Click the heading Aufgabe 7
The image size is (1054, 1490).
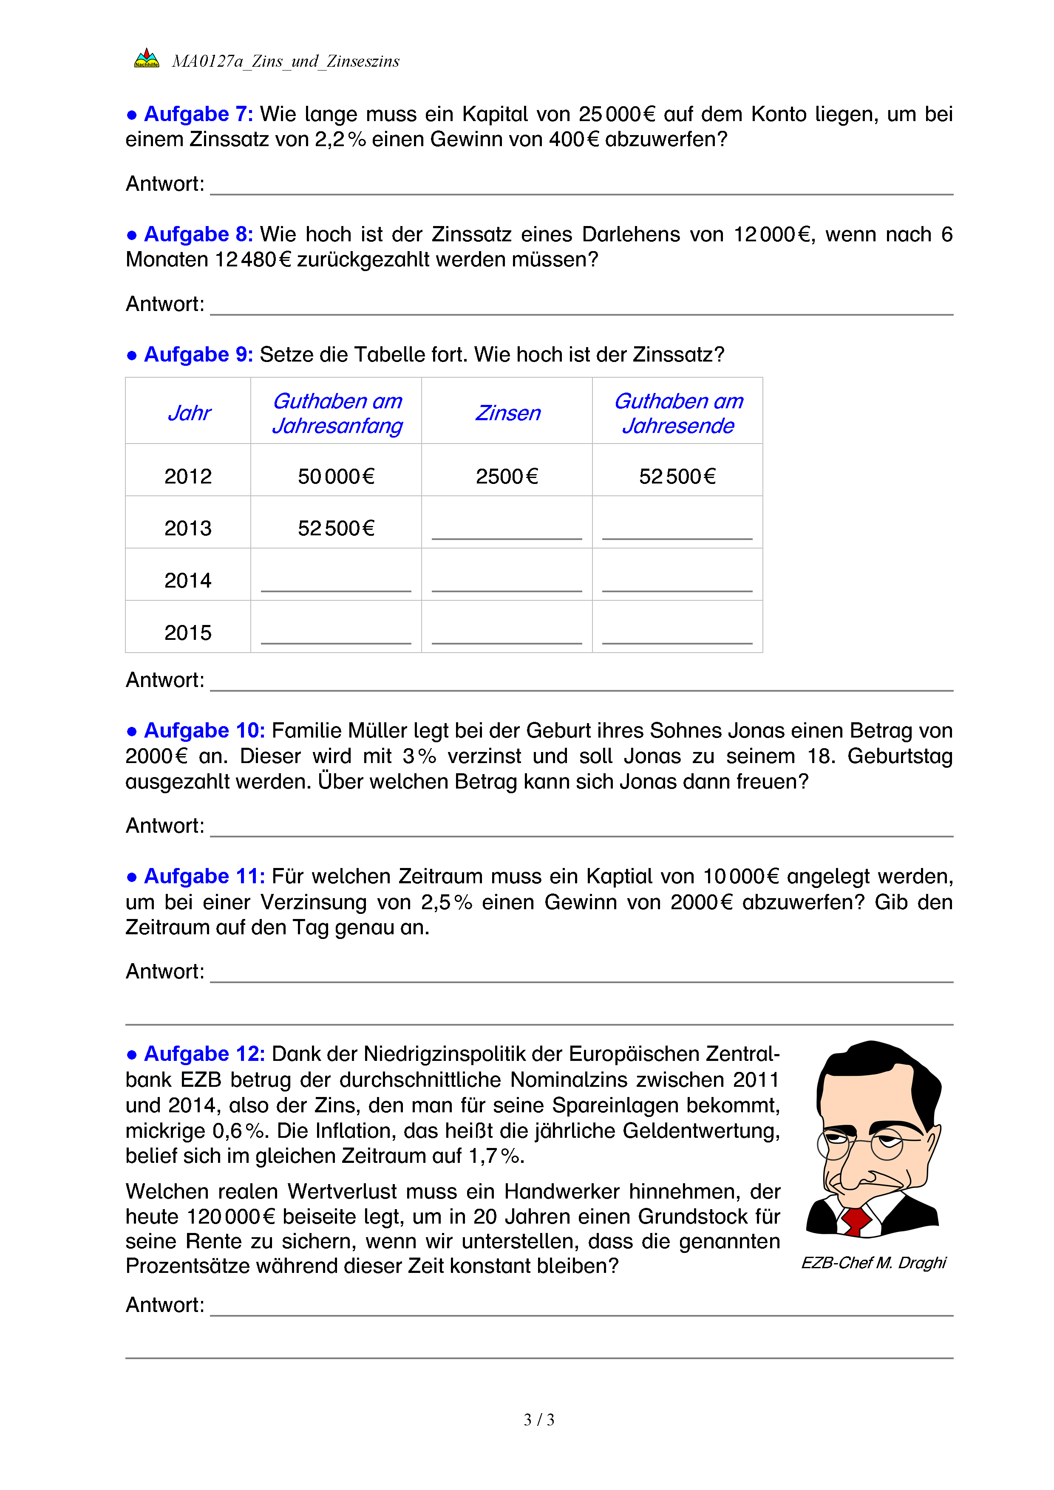[198, 114]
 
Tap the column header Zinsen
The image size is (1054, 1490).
[507, 413]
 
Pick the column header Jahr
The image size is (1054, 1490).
[188, 413]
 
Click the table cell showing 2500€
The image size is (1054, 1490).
[507, 476]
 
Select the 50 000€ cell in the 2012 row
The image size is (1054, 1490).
[336, 476]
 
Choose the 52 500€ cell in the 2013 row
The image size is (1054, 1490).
[336, 528]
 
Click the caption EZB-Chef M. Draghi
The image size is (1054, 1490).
[873, 1263]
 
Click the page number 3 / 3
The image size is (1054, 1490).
[538, 1420]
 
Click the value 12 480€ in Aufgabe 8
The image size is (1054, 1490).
[253, 260]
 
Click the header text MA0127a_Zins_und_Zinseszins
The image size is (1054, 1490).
[286, 61]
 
